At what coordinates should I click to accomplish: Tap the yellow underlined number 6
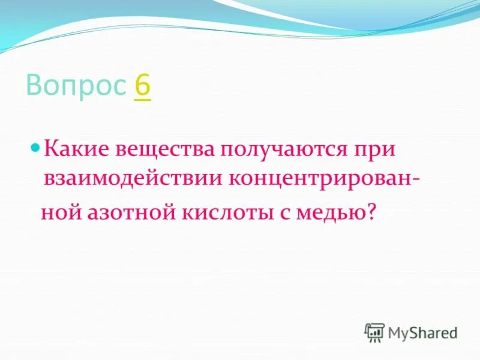coord(143,86)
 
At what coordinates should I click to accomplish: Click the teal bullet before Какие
coord(35,146)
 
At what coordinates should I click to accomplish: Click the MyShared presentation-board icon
coord(374,332)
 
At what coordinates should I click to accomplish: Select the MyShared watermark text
coord(422,332)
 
